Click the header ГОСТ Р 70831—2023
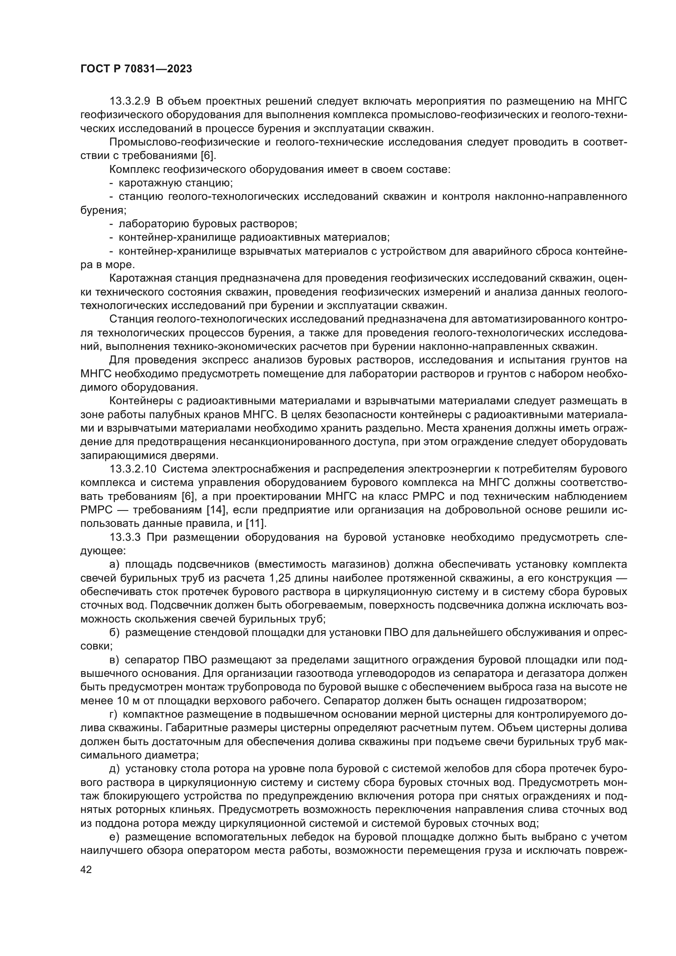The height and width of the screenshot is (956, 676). click(136, 69)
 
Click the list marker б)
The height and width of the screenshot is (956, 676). click(114, 632)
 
